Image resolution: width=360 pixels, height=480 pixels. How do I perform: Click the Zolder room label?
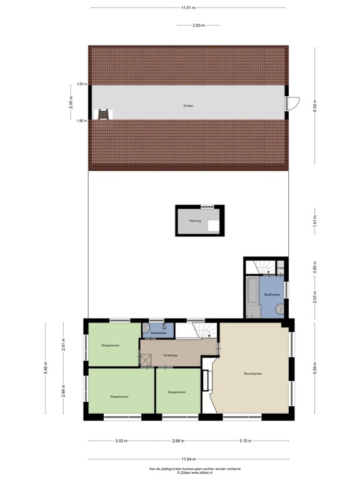(188, 106)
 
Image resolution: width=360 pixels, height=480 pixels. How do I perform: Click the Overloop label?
(171, 356)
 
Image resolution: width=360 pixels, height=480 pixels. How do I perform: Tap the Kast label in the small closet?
(281, 269)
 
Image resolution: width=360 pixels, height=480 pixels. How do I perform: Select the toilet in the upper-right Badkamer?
(279, 308)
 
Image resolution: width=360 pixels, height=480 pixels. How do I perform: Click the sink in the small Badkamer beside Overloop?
(146, 328)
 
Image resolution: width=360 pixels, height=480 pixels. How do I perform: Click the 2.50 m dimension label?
(197, 26)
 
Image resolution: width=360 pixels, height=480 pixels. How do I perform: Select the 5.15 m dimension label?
(245, 441)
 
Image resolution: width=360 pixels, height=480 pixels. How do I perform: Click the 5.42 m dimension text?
(44, 369)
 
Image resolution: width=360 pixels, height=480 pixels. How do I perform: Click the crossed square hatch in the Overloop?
(146, 360)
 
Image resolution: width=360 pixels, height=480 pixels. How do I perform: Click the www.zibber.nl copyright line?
(179, 472)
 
